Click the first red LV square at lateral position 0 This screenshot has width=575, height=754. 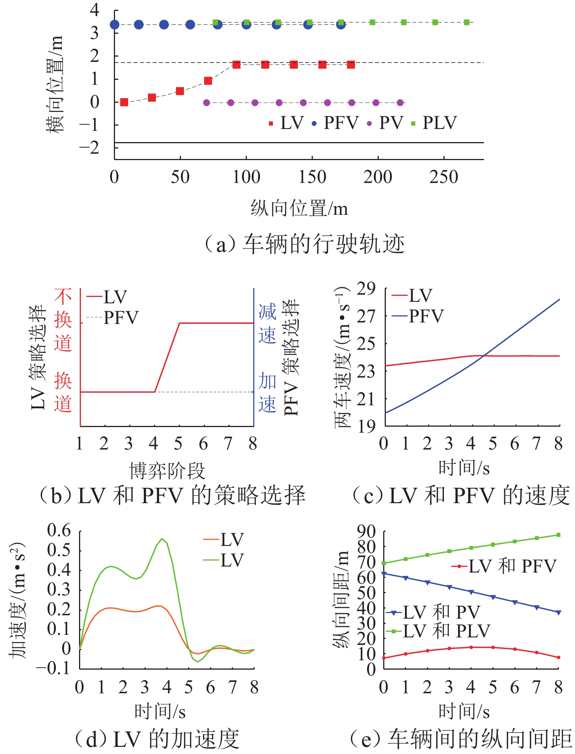point(124,102)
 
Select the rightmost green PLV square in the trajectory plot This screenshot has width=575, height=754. point(466,22)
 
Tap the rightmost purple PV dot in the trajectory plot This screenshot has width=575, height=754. point(400,103)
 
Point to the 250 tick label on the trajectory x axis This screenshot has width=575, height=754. point(444,177)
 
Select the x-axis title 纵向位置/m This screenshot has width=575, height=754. point(299,208)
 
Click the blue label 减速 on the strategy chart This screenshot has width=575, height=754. point(267,323)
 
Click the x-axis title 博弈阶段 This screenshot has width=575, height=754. point(167,471)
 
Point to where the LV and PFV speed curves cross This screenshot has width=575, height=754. point(484,355)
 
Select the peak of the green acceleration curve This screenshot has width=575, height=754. point(162,538)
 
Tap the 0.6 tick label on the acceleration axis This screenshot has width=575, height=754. point(59,530)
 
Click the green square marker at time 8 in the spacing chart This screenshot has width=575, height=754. point(558,535)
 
